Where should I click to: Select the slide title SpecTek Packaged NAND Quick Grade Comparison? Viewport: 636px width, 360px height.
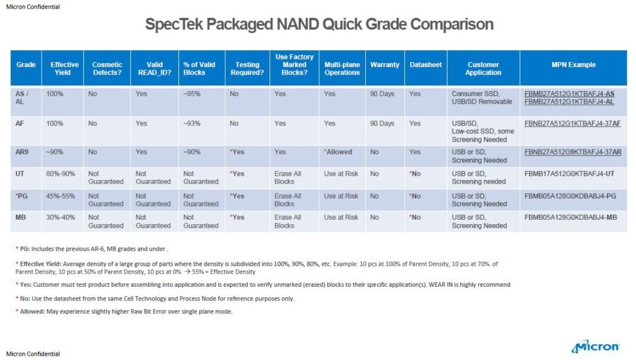319,24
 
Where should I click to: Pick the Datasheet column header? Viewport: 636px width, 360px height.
425,65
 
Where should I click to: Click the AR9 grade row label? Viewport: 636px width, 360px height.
22,152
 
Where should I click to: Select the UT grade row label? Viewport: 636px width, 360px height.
20,174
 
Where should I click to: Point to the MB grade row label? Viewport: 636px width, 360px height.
20,217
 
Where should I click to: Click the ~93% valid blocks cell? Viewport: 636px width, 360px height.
192,124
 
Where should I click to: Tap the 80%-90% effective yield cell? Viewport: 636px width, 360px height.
63,174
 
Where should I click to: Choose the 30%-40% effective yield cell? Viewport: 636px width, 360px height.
63,217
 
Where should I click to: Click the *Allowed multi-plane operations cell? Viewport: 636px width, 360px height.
338,152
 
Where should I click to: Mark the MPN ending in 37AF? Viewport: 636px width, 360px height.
572,124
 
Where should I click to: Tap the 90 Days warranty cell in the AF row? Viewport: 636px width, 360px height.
382,124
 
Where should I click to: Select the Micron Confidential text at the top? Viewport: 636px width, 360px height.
34,6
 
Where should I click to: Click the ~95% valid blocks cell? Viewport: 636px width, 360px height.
192,94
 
